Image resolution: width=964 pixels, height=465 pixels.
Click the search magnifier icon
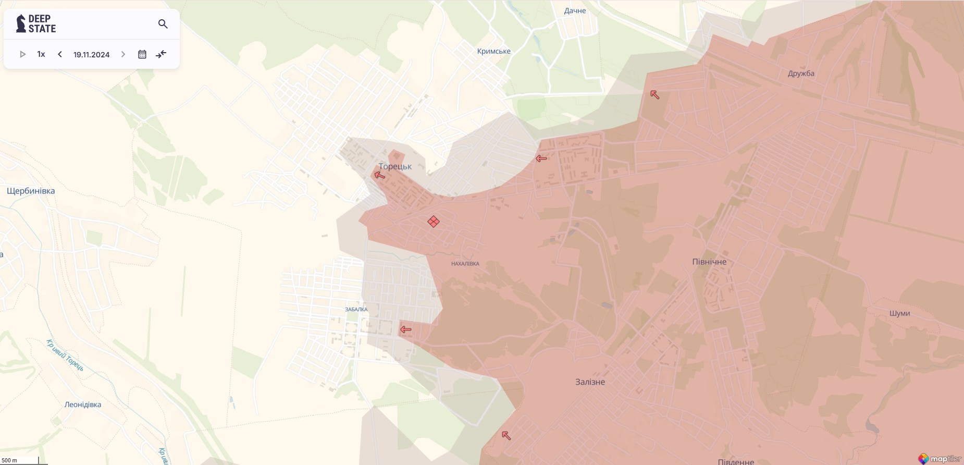[x=163, y=24]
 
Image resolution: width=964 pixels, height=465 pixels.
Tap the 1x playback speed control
[x=41, y=54]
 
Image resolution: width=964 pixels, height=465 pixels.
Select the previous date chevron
[x=60, y=54]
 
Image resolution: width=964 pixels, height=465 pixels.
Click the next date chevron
[x=123, y=54]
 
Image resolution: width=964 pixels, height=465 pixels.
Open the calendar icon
[x=142, y=54]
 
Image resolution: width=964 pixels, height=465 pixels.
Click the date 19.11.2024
[x=92, y=55]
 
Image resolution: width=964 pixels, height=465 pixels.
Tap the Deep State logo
[x=36, y=24]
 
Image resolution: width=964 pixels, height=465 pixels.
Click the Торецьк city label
[x=395, y=166]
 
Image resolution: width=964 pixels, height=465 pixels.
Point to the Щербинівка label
[x=31, y=191]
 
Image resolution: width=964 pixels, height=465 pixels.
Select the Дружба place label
[x=801, y=74]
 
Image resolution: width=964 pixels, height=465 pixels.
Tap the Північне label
[x=709, y=262]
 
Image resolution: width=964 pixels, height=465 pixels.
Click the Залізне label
[x=590, y=382]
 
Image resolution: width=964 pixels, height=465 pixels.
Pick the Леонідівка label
[x=83, y=405]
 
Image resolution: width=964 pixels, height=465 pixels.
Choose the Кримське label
[x=493, y=51]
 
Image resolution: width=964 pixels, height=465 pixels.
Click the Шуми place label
[x=899, y=313]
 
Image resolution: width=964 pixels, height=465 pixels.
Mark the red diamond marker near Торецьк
[x=434, y=222]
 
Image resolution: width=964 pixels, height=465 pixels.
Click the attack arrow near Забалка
[x=406, y=329]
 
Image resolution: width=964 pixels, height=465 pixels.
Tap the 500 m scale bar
[x=21, y=460]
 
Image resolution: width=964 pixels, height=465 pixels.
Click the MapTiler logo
[x=940, y=459]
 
